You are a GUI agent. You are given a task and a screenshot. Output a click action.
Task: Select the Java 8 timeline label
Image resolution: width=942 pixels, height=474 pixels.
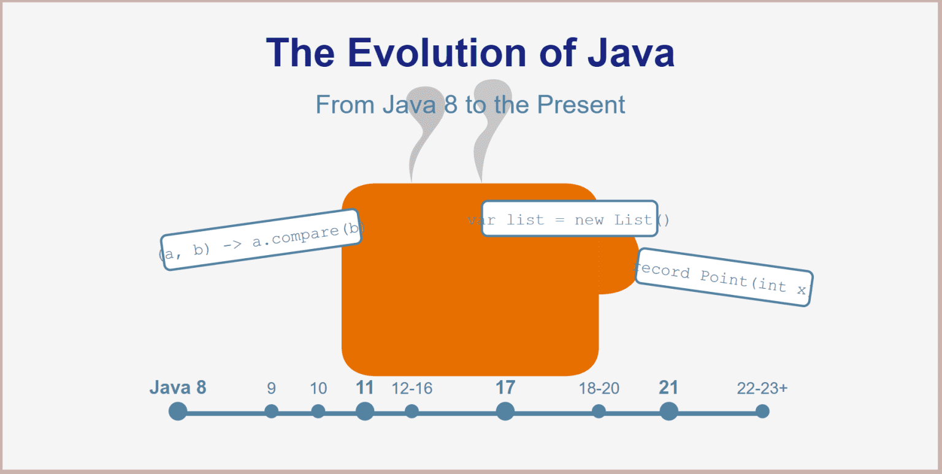coord(178,388)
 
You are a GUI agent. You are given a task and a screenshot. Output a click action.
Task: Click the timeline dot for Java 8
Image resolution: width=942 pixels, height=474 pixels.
coord(178,411)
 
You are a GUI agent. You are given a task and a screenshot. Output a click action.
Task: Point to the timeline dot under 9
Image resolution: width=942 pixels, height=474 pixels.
coord(271,411)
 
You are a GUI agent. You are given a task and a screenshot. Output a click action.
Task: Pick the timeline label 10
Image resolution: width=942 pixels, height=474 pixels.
coord(318,389)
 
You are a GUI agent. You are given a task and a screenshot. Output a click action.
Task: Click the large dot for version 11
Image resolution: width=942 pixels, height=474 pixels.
coord(365,411)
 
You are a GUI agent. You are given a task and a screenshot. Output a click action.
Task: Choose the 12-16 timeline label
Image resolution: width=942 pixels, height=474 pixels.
coord(412,389)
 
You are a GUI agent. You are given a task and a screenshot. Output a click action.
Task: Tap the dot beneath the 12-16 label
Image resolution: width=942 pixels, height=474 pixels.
coord(412,411)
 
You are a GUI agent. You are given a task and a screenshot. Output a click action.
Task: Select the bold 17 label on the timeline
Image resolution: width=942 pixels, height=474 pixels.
coord(505,388)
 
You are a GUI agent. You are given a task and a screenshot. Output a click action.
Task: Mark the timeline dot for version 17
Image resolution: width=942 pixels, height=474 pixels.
coord(505,411)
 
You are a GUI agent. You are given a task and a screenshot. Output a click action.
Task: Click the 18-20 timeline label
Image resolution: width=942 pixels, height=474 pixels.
coord(599,389)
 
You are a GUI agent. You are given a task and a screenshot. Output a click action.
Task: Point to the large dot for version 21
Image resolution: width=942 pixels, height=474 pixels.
coord(668,411)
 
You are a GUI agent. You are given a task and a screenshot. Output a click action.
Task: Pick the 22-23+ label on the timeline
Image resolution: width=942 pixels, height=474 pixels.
coord(762,389)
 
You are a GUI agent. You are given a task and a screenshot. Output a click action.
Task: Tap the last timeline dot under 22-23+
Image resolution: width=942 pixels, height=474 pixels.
coord(762,411)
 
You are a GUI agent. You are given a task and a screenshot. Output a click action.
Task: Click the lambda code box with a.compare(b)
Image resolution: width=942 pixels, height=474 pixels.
coord(261,240)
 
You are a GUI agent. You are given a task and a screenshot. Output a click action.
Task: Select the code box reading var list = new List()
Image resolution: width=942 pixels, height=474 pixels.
coord(569,219)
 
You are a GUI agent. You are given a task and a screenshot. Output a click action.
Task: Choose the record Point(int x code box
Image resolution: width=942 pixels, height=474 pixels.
coord(724,277)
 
